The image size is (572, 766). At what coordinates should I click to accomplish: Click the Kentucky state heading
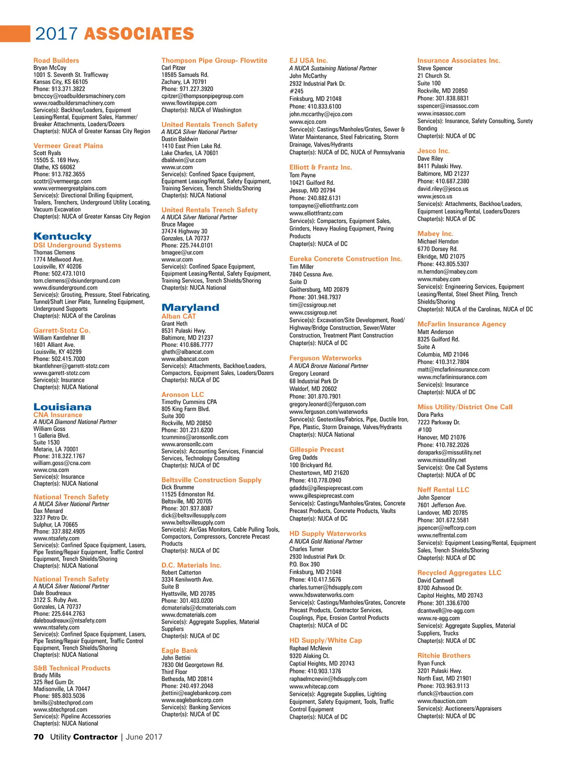62,237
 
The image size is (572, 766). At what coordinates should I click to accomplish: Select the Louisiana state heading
62,407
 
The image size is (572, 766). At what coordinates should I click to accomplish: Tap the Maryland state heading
190,308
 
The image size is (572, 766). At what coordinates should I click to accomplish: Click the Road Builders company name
56,61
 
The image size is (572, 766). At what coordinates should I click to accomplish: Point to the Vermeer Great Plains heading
68,146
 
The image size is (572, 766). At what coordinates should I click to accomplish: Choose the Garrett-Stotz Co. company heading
61,331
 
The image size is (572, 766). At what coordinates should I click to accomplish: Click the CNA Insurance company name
58,415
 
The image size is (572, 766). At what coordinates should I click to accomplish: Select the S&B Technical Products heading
71,668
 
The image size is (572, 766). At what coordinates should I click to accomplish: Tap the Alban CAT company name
179,316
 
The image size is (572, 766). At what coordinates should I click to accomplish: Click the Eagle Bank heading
179,651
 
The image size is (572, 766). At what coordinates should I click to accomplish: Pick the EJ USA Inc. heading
308,61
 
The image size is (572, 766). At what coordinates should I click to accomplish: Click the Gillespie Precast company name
317,450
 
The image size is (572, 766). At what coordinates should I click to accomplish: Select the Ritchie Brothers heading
444,656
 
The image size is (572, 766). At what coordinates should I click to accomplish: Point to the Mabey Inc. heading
435,234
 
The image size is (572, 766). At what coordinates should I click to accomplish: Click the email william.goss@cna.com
62,463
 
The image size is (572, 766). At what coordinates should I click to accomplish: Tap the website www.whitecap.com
314,687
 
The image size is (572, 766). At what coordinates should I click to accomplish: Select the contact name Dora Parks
430,415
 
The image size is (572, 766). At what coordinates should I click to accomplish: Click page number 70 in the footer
39,737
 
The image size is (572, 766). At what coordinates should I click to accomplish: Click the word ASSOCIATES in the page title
139,34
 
